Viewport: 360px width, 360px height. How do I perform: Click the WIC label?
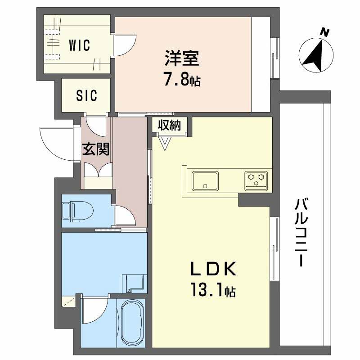79,45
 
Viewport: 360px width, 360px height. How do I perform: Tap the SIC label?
86,96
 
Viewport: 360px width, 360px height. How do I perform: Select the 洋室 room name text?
182,60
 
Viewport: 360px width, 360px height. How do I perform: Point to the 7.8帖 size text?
182,81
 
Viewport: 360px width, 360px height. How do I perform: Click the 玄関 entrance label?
96,149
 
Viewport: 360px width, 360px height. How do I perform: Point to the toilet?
76,210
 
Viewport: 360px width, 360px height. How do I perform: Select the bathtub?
131,321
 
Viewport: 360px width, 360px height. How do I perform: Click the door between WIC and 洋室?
123,45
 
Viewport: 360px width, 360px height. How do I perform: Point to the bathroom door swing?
94,310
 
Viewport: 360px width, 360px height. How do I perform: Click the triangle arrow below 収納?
164,143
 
